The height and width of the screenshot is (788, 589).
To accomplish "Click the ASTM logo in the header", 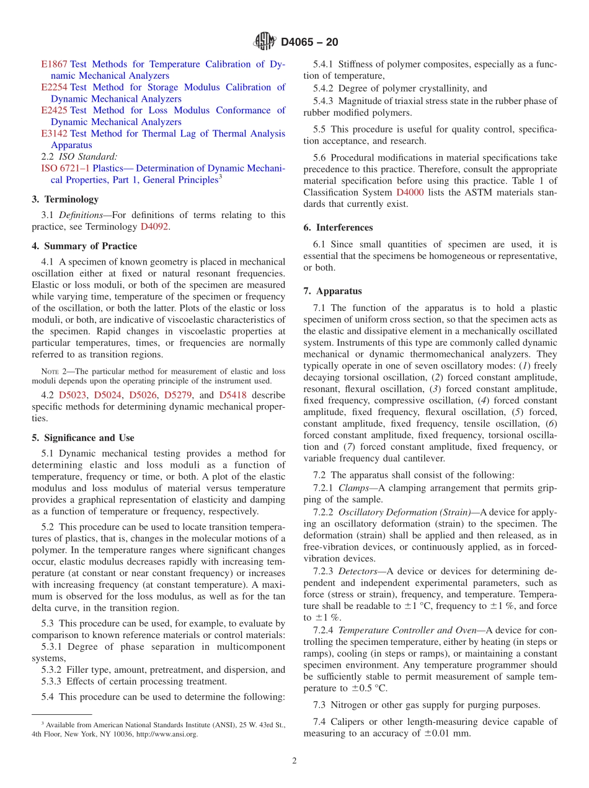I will pos(265,42).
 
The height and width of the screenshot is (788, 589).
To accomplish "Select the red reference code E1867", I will pos(54,64).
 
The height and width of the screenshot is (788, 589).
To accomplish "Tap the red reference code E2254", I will pos(54,87).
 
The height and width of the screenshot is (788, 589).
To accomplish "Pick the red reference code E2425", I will pos(54,110).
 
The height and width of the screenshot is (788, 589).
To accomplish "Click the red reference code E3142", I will pos(54,133).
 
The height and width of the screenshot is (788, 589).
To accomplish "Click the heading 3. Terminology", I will pos(65,199).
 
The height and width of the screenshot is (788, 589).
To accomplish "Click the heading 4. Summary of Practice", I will pos(84,246).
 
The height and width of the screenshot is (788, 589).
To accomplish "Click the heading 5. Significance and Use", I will pos(83,437).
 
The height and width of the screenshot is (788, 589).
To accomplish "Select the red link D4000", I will pos(410,193).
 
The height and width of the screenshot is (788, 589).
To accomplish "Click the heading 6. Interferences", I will pos(338,227).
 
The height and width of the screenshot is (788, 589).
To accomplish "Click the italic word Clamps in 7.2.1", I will pos(353,488).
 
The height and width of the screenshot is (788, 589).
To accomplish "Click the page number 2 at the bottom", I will pos(294,761).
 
